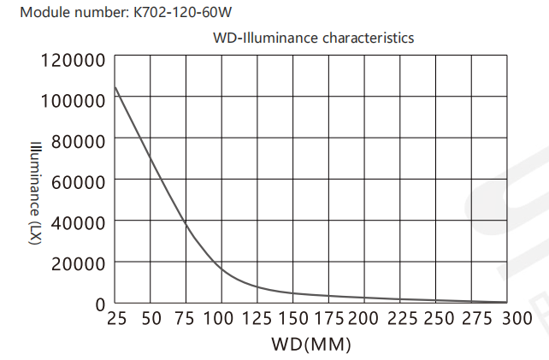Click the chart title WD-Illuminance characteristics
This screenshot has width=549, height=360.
pos(313,38)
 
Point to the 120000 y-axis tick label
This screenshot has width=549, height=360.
pos(73,61)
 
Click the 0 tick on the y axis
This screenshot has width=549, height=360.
pos(99,303)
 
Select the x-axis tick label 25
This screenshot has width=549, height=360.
pos(116,320)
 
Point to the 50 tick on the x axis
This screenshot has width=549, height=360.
pos(151,320)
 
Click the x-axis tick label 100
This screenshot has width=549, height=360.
pos(221,320)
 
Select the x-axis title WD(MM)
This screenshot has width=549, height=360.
pos(311,345)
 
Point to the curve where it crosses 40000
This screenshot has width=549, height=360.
pos(186,221)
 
